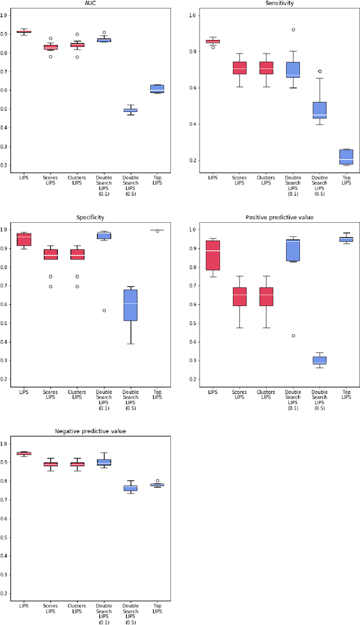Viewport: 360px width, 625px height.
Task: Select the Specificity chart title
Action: click(x=91, y=217)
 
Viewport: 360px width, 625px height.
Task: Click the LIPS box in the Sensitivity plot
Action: click(x=213, y=41)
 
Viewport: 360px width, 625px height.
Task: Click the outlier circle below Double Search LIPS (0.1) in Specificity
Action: click(x=104, y=311)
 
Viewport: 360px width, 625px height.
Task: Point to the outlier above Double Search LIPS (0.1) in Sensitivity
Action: click(x=293, y=30)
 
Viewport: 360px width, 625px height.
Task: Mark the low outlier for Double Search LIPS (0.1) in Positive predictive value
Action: click(x=293, y=336)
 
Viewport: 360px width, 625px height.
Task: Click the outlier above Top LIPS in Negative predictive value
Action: click(x=157, y=481)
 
